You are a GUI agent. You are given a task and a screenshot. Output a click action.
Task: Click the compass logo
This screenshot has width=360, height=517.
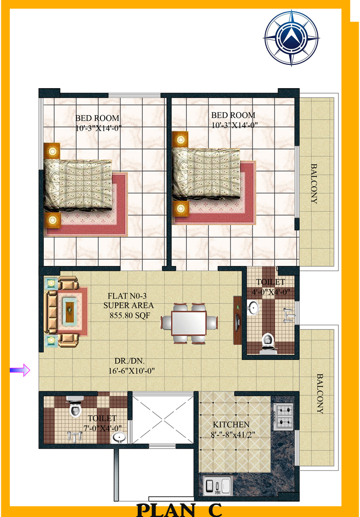tap(292, 38)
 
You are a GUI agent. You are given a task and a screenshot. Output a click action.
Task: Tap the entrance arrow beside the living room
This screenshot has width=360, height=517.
tap(20, 370)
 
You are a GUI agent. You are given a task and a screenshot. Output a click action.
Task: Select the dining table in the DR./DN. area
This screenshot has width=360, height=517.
tap(189, 323)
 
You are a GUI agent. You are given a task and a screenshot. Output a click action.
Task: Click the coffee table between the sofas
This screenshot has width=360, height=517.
tap(70, 310)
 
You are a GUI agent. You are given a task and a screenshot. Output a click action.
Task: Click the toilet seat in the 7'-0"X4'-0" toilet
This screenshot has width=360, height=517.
tap(75, 407)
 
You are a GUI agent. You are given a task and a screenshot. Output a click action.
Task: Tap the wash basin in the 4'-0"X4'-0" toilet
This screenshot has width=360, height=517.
tap(253, 308)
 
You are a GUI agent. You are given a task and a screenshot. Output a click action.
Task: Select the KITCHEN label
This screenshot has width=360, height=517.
tap(231, 425)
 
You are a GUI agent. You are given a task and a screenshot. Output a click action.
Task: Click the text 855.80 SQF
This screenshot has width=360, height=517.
tap(130, 315)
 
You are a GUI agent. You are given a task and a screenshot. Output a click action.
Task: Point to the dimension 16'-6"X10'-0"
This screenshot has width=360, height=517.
tap(131, 371)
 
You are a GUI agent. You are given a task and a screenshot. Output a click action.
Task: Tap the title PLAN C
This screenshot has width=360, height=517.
tap(180, 510)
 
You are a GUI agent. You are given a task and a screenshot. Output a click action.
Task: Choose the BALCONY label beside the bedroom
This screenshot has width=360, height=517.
tap(314, 184)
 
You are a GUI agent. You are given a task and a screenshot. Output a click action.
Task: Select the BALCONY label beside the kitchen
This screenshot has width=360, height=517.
tap(319, 393)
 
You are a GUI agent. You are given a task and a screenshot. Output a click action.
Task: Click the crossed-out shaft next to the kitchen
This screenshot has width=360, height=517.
tap(163, 420)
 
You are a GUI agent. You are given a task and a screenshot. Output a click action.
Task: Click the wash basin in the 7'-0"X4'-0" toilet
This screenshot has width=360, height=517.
tap(119, 437)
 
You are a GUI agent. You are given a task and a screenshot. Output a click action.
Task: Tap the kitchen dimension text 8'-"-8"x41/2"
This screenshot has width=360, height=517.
tap(233, 435)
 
